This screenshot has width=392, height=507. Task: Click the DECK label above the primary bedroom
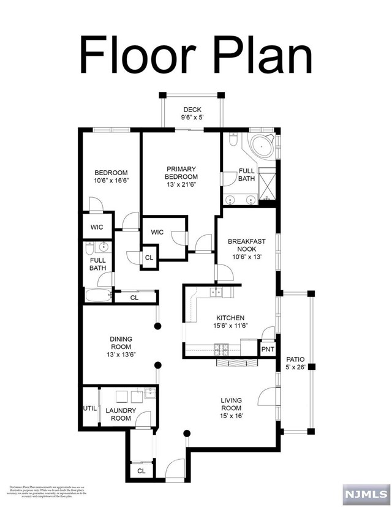coord(191,110)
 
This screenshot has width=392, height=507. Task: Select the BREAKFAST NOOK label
coord(247,246)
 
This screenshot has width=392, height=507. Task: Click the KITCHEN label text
coord(230,318)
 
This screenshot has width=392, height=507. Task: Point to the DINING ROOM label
coord(121,343)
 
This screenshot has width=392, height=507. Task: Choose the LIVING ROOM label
coord(232,405)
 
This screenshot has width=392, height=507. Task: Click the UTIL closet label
coord(89,408)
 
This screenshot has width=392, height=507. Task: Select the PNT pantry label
coord(268,350)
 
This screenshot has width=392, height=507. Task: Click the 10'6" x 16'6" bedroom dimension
coord(111,181)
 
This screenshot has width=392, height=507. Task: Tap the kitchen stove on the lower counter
coord(221,350)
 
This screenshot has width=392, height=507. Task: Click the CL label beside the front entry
coord(141,471)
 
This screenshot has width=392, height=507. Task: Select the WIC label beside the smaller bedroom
coord(97,227)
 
